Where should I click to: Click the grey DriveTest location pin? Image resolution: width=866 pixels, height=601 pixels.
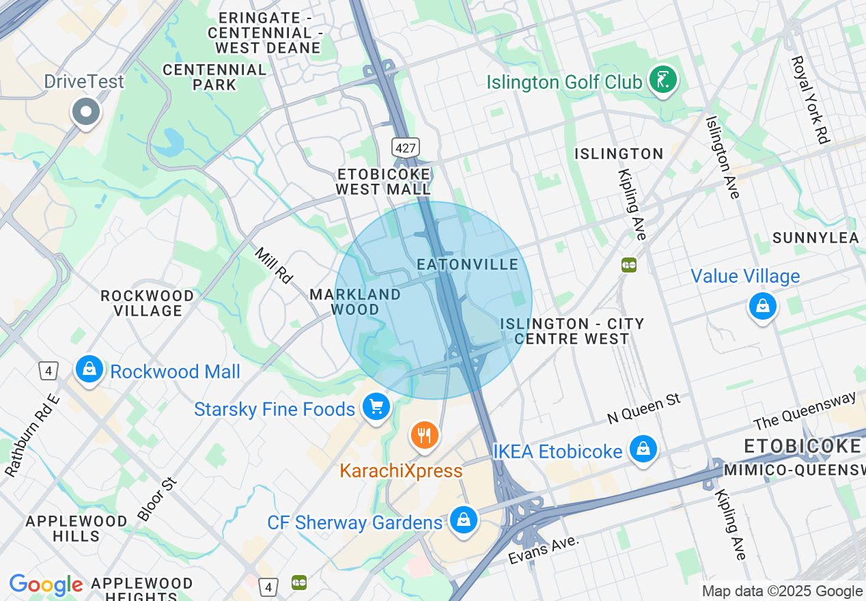pyautogui.click(x=87, y=111)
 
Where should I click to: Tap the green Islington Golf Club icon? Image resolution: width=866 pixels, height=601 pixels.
pyautogui.click(x=662, y=81)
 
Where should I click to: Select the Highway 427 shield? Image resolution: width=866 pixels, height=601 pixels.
pyautogui.click(x=405, y=147)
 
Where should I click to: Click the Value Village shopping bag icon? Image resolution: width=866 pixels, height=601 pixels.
pyautogui.click(x=762, y=306)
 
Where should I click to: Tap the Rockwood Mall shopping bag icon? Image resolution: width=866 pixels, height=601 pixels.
pyautogui.click(x=89, y=369)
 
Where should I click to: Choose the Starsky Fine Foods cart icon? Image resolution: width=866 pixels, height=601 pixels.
pyautogui.click(x=376, y=408)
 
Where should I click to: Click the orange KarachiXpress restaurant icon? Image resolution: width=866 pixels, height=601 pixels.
pyautogui.click(x=424, y=435)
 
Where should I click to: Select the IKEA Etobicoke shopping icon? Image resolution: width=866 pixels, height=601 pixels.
pyautogui.click(x=643, y=449)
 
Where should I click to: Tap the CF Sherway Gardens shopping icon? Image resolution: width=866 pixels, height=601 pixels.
pyautogui.click(x=464, y=520)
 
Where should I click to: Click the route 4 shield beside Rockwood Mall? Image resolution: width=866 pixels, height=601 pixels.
pyautogui.click(x=47, y=371)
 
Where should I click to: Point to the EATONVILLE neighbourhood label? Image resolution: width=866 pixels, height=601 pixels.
pyautogui.click(x=467, y=264)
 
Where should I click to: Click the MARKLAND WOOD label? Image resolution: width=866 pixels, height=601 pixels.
pyautogui.click(x=355, y=302)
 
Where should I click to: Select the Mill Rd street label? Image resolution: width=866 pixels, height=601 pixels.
pyautogui.click(x=274, y=265)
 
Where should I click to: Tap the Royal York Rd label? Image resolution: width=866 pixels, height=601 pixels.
pyautogui.click(x=809, y=100)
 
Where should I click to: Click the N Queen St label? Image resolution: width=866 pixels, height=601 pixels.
pyautogui.click(x=644, y=408)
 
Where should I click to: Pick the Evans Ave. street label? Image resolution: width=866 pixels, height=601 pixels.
pyautogui.click(x=544, y=550)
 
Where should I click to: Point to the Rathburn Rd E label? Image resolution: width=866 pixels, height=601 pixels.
pyautogui.click(x=32, y=434)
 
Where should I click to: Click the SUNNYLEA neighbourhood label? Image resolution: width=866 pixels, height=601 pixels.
pyautogui.click(x=815, y=238)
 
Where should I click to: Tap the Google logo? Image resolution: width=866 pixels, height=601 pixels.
pyautogui.click(x=46, y=585)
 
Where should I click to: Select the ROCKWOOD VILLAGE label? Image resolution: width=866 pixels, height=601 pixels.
pyautogui.click(x=147, y=303)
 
